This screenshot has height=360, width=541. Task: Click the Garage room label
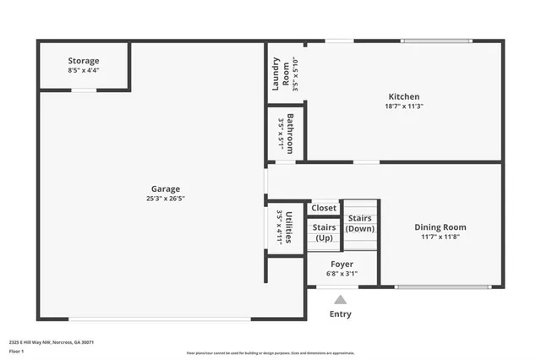pyautogui.click(x=166, y=188)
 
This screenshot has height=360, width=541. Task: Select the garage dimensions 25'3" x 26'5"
pyautogui.click(x=166, y=199)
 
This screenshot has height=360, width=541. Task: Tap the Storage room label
pyautogui.click(x=84, y=61)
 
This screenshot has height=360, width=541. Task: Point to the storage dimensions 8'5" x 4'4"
pyautogui.click(x=84, y=70)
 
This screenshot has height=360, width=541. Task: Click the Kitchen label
pyautogui.click(x=403, y=96)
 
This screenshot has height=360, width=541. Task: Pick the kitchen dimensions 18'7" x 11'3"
pyautogui.click(x=403, y=106)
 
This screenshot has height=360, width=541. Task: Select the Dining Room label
pyautogui.click(x=440, y=226)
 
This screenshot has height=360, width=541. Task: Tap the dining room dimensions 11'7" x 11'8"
pyautogui.click(x=440, y=237)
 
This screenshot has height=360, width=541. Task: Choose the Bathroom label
pyautogui.click(x=290, y=133)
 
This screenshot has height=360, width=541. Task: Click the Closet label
pyautogui.click(x=324, y=208)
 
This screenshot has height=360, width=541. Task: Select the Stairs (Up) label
pyautogui.click(x=324, y=232)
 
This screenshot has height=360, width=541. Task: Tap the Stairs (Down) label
pyautogui.click(x=360, y=223)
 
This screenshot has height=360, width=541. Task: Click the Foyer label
pyautogui.click(x=342, y=265)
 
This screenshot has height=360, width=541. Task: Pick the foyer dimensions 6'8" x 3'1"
pyautogui.click(x=342, y=274)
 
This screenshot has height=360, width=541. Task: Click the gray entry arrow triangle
pyautogui.click(x=340, y=299)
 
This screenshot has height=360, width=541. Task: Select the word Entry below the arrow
pyautogui.click(x=340, y=314)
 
